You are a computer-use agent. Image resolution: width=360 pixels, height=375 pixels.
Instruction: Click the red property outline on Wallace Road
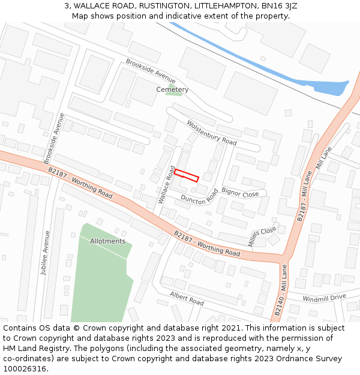(186, 175)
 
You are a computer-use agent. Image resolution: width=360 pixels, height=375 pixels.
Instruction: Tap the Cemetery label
(172, 89)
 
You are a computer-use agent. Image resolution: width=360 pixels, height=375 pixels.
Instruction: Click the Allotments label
(107, 241)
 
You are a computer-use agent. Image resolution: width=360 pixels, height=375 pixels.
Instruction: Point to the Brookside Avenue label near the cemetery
(150, 71)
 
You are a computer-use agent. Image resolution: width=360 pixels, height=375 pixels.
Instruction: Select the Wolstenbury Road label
(211, 133)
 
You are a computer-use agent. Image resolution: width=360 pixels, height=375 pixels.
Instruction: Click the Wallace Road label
(166, 185)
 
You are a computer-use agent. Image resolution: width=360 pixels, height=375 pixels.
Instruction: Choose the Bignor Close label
(240, 193)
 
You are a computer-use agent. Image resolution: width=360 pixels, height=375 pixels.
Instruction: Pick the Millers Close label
(262, 236)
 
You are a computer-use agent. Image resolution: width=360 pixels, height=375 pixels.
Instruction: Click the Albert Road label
(187, 298)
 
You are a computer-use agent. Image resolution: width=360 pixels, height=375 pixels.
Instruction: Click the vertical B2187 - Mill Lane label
(305, 195)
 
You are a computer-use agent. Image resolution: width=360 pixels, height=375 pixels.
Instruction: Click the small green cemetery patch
(174, 91)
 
